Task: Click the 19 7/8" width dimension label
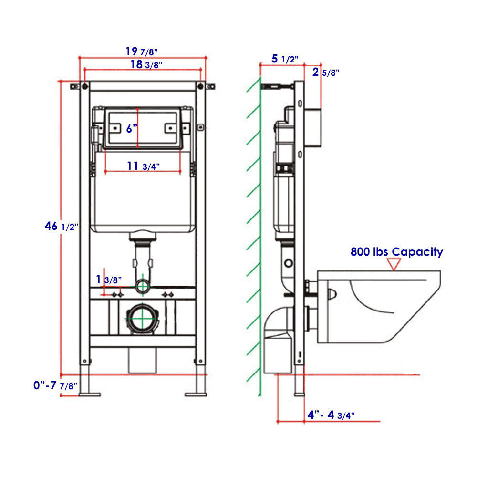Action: (142, 51)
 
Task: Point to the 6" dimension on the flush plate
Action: (132, 128)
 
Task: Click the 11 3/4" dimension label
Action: (143, 166)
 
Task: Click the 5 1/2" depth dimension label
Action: (285, 59)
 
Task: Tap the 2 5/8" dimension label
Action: (326, 73)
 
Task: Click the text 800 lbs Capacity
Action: (396, 252)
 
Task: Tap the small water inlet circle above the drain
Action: (142, 286)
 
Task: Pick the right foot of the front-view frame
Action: (195, 394)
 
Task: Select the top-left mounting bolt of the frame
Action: (84, 87)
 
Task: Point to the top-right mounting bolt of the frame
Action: (201, 87)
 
